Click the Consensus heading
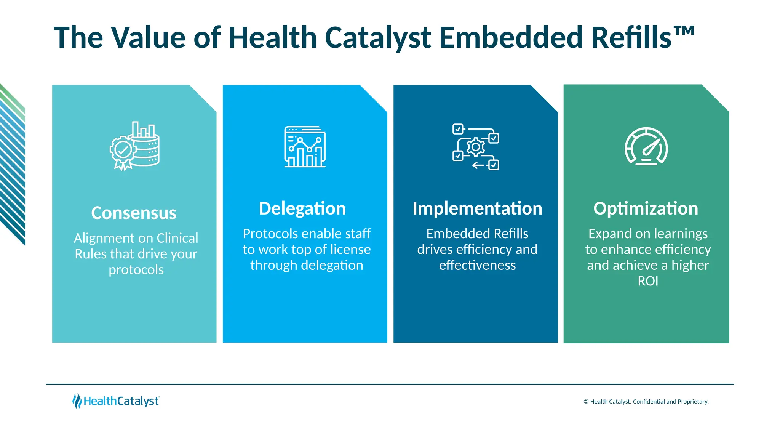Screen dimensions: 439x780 (x=134, y=213)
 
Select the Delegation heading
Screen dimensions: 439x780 (x=302, y=208)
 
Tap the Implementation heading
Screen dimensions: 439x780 (x=477, y=208)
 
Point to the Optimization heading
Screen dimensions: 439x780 (x=646, y=208)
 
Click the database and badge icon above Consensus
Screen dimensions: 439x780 (x=134, y=146)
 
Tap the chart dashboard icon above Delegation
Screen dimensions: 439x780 (x=305, y=147)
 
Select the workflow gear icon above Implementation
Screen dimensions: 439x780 (x=476, y=147)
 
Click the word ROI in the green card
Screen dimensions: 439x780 (x=647, y=281)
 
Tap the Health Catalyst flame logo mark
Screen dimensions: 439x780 (x=77, y=401)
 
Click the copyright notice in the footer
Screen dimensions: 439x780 (x=646, y=402)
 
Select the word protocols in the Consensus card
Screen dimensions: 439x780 (x=136, y=270)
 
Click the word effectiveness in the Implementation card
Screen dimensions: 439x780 (x=477, y=265)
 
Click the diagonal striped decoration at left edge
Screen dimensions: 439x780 (x=12, y=164)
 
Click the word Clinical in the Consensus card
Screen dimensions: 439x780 (x=177, y=238)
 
